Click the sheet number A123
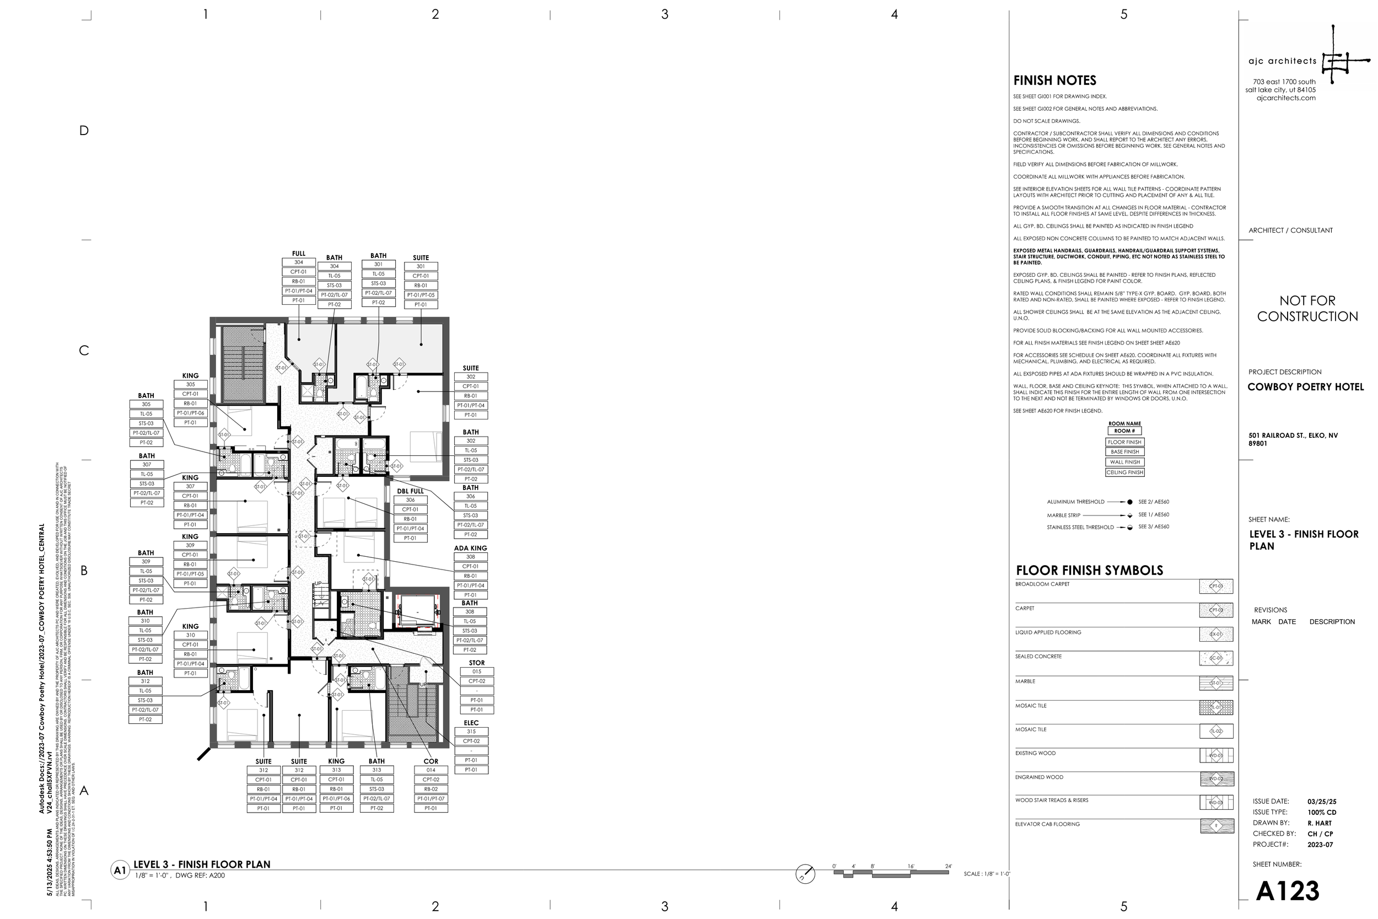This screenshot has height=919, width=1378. point(1288,891)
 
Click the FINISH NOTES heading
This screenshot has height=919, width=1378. point(1054,80)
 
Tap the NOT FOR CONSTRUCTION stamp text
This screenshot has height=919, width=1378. point(1307,308)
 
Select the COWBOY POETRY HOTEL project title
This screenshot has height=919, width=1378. point(1305,387)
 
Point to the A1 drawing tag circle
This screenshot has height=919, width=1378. point(120,870)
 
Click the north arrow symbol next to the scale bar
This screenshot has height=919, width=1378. point(805,874)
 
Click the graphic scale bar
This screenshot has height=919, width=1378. point(891,873)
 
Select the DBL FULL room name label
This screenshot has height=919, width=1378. point(410,491)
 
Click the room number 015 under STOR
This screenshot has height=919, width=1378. point(476,671)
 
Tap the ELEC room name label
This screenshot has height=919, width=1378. point(471,723)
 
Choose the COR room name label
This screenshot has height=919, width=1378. point(430,761)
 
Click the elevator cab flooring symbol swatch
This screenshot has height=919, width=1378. point(1216,826)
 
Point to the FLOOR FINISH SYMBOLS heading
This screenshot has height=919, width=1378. point(1089,570)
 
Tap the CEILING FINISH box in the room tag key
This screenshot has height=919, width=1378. point(1124,472)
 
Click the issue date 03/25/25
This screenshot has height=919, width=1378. point(1321,801)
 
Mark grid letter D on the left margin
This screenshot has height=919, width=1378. point(84,131)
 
